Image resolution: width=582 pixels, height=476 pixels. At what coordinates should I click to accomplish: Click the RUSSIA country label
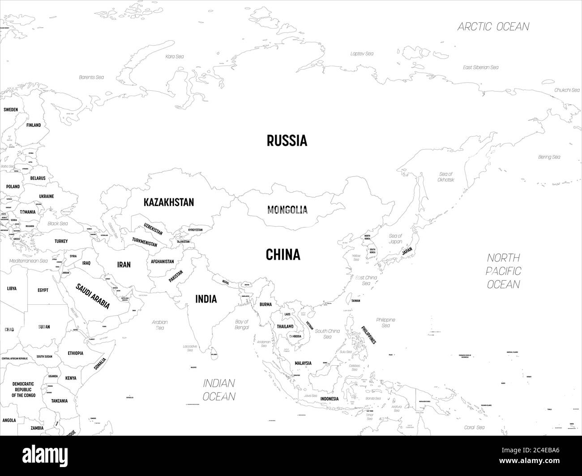(287, 140)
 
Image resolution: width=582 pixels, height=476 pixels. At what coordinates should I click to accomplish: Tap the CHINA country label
(283, 255)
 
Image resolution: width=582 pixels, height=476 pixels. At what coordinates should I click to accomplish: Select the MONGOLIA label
(287, 209)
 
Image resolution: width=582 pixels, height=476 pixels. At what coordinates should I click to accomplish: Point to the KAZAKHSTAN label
(169, 202)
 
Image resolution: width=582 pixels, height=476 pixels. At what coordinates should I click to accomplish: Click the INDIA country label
(206, 299)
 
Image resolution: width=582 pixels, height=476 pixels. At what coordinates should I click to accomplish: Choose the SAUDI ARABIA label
(93, 296)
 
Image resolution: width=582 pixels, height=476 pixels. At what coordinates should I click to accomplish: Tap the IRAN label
(124, 265)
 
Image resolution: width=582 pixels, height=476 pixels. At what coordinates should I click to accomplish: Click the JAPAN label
(407, 251)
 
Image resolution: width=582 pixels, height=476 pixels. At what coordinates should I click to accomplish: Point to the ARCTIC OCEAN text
(493, 26)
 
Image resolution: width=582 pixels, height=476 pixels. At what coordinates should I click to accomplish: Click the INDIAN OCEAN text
(219, 389)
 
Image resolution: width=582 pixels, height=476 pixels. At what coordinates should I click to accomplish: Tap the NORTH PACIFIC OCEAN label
(504, 271)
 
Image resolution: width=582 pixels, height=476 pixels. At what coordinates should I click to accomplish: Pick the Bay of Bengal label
(242, 324)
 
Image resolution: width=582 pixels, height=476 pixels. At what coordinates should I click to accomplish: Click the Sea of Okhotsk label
(446, 177)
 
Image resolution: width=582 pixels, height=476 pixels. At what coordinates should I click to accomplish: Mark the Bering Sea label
(549, 157)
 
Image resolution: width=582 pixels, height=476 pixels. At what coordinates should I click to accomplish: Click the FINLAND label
(33, 125)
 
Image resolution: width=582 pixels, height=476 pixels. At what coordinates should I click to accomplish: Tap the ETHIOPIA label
(75, 353)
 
